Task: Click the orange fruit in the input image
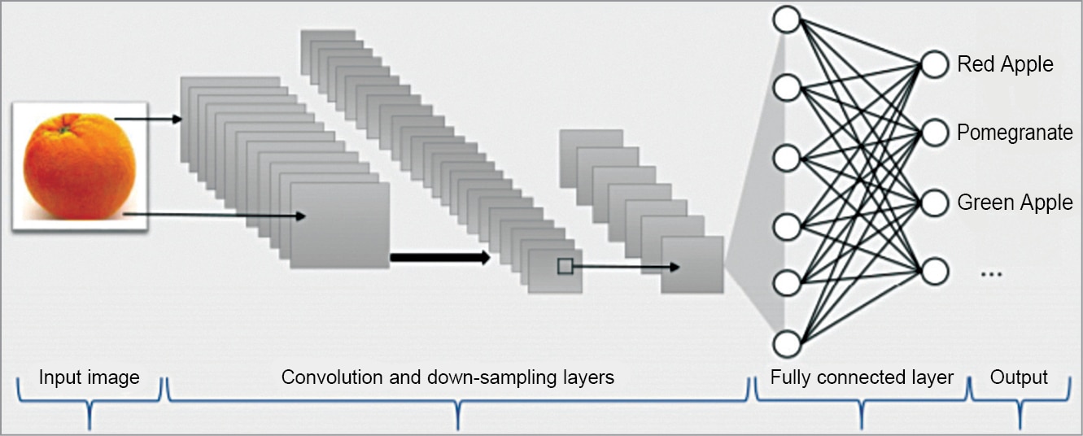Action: (x=80, y=167)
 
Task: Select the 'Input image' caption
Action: (x=90, y=377)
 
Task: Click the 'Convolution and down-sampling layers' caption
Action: (x=448, y=377)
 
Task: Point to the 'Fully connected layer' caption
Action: (x=862, y=377)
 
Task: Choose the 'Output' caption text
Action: (x=1019, y=377)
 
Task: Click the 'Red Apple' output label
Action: (x=1005, y=64)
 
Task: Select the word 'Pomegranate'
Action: (x=1015, y=133)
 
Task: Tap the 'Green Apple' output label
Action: (x=1015, y=202)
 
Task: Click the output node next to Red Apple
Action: (x=935, y=63)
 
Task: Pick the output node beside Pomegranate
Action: (x=935, y=133)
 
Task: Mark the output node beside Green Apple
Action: (x=935, y=202)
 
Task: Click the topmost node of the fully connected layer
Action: (x=788, y=19)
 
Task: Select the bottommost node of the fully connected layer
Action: (x=788, y=344)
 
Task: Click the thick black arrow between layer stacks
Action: (x=439, y=258)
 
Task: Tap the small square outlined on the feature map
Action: (x=565, y=265)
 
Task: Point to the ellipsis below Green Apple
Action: (x=990, y=274)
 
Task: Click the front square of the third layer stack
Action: (x=692, y=264)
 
